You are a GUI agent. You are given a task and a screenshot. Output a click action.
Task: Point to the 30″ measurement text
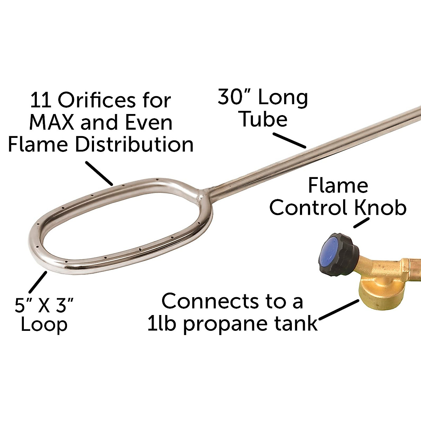(233, 97)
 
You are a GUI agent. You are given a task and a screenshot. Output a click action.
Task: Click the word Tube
(263, 119)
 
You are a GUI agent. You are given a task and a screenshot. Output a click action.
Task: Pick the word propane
(223, 323)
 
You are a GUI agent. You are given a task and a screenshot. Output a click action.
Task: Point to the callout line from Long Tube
(290, 140)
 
